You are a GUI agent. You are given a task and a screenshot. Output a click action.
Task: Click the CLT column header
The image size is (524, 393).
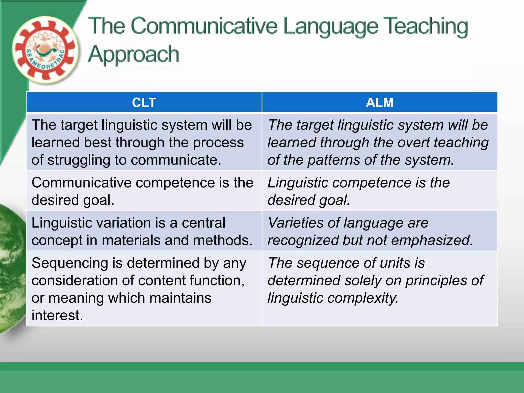click(x=144, y=103)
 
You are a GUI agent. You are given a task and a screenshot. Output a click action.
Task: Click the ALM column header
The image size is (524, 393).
click(x=379, y=103)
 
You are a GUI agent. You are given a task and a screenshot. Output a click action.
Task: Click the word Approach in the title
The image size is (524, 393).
click(x=133, y=54)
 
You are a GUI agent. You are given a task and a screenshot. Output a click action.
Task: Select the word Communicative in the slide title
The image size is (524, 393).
click(x=204, y=26)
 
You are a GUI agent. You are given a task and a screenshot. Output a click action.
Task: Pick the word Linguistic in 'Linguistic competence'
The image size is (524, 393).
click(x=298, y=183)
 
